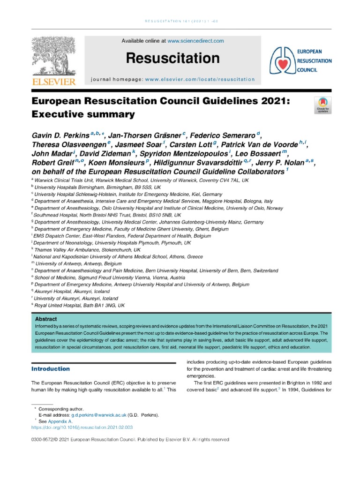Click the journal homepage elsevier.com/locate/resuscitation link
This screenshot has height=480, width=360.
(x=200, y=80)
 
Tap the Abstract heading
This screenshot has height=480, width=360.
(x=46, y=319)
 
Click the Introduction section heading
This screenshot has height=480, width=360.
(x=50, y=369)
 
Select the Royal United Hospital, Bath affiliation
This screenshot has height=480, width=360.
(x=80, y=305)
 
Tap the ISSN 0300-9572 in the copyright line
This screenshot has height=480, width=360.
(x=44, y=440)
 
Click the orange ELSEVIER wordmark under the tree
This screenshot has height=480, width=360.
(x=52, y=82)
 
